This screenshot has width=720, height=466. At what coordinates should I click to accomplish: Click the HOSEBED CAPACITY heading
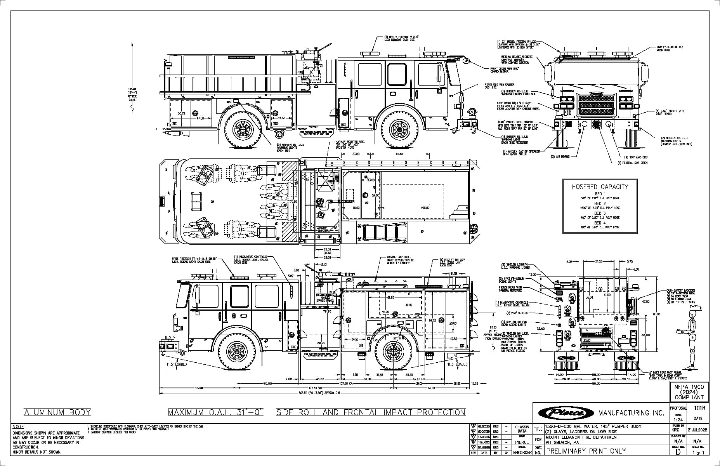click(600, 187)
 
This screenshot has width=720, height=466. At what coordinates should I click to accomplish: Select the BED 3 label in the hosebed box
click(600, 213)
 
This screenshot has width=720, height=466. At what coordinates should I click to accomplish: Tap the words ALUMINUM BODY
click(57, 412)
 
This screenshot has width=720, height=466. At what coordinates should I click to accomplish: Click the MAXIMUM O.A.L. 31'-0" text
click(215, 412)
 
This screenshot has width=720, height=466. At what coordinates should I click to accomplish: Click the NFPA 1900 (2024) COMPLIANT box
click(689, 392)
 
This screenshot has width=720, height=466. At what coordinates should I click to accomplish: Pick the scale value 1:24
click(678, 420)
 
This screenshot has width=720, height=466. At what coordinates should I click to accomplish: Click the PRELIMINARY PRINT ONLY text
click(586, 451)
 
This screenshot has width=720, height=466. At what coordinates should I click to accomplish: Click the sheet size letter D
click(678, 452)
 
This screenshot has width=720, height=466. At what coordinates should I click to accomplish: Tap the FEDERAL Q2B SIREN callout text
click(633, 163)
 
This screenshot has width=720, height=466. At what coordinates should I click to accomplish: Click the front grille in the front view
click(596, 104)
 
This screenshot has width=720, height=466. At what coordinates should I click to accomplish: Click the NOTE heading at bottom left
click(18, 427)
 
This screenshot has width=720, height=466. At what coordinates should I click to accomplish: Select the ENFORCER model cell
click(522, 453)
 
